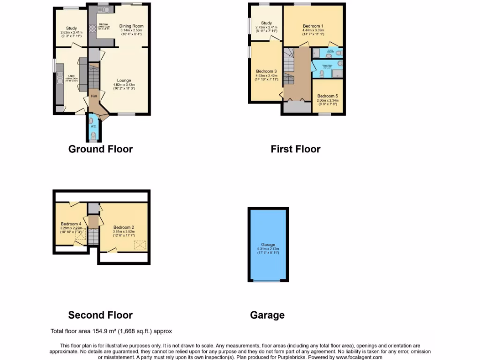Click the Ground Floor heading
100,149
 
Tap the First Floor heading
295,149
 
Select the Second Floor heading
100,315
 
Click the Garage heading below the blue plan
267,315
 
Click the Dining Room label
131,26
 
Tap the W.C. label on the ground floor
93,126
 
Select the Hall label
94,97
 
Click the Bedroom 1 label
313,26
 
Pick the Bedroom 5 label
327,96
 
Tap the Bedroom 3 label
266,71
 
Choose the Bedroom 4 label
71,224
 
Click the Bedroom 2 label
124,227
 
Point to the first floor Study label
266,23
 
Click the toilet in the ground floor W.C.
93,136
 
